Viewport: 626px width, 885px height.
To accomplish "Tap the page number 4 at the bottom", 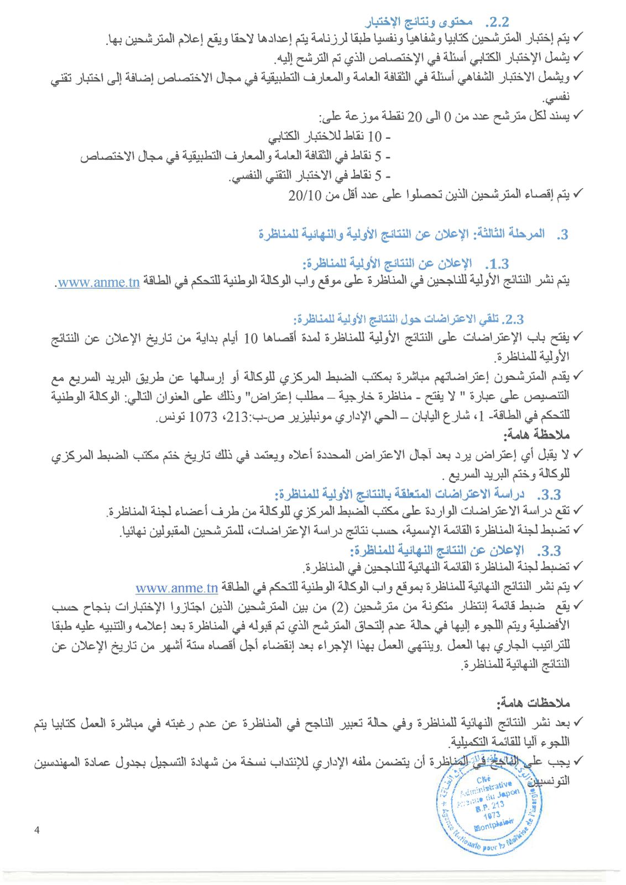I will click(37, 830).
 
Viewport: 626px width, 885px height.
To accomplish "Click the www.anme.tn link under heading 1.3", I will click(98, 282).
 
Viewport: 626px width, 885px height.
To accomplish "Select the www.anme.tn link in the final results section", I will click(177, 587).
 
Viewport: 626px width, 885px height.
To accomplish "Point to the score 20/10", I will click(305, 195).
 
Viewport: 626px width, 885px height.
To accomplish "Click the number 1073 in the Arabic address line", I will click(203, 416).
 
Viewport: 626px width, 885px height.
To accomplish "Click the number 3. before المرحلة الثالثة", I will click(562, 235).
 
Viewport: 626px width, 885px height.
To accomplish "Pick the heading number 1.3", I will click(497, 264).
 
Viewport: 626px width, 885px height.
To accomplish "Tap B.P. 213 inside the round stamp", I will click(489, 806).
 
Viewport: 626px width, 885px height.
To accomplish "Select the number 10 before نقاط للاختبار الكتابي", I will click(374, 136).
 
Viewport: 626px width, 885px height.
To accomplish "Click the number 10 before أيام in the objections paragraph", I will click(251, 338).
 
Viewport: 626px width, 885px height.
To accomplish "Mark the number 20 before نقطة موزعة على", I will click(414, 117).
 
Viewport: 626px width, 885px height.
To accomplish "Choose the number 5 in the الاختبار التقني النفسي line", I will click(378, 176).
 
